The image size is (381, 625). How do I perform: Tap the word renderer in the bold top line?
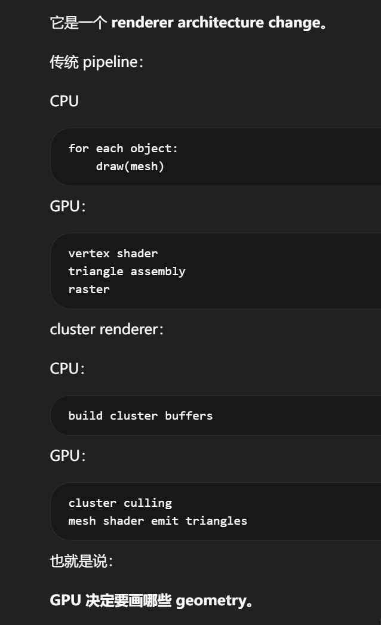[142, 23]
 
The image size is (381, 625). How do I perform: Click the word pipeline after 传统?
[110, 62]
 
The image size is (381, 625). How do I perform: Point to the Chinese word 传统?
[64, 62]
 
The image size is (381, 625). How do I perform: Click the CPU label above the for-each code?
[64, 101]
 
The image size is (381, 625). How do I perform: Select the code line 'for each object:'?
[123, 149]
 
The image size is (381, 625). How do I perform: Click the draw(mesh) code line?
[130, 167]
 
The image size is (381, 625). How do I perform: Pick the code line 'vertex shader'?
[113, 254]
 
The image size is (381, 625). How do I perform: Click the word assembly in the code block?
[158, 272]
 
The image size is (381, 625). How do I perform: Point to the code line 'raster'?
[89, 290]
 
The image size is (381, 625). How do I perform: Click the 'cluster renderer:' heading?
[106, 330]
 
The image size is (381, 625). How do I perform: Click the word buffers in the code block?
[189, 416]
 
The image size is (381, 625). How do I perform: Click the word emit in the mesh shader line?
[164, 521]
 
